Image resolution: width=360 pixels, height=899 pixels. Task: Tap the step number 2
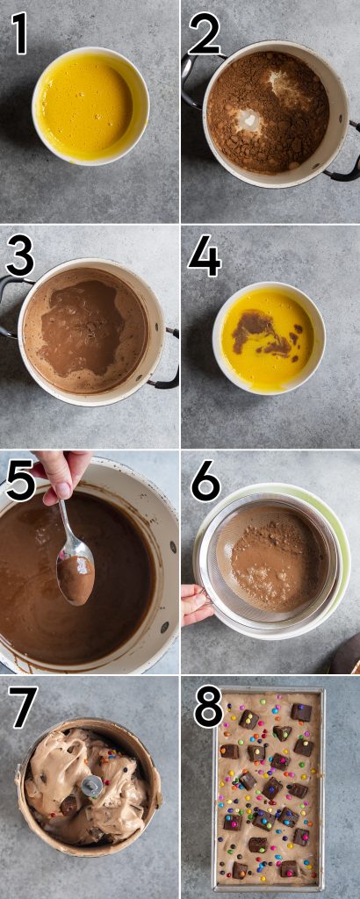coord(204,34)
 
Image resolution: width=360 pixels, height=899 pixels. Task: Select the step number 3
coord(20,257)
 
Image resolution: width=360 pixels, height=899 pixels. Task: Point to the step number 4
coord(204,257)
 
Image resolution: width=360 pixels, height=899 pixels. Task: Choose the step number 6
coord(205,481)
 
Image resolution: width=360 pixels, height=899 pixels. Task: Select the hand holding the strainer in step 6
coord(196,604)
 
